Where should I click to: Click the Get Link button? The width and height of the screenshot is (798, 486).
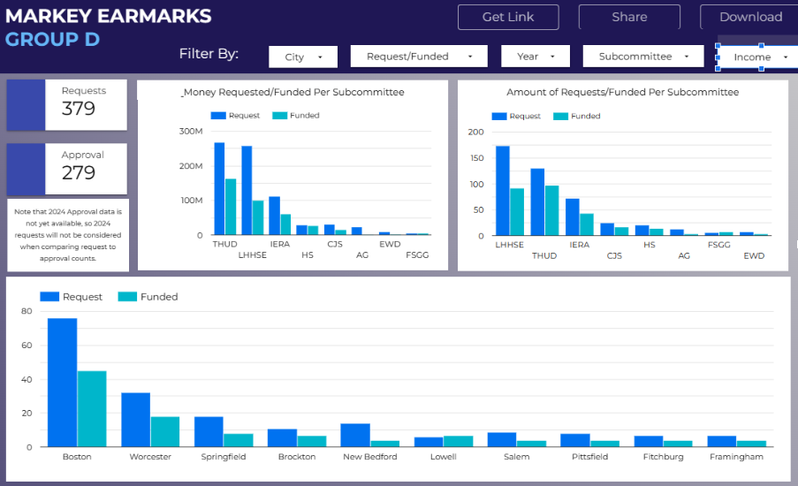click(x=508, y=17)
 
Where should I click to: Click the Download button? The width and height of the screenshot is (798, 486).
click(x=750, y=17)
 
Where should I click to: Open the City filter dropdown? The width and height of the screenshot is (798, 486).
click(x=302, y=57)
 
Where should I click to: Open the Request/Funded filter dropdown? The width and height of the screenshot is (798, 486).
click(x=419, y=57)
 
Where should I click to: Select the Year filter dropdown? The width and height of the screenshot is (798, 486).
click(x=536, y=57)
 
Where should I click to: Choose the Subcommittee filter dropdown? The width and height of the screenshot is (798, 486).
click(x=642, y=57)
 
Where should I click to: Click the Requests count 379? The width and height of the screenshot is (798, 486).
click(x=79, y=109)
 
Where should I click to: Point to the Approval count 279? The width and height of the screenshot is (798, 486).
click(x=79, y=172)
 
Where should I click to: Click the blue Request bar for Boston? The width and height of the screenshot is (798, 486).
click(x=62, y=383)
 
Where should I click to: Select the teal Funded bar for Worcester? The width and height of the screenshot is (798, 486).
click(x=165, y=431)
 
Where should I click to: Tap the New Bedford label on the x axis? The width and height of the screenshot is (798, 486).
click(x=369, y=457)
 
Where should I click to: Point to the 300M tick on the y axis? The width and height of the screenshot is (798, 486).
click(x=191, y=131)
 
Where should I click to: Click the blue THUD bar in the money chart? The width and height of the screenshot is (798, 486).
click(x=219, y=189)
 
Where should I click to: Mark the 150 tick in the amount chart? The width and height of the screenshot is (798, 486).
click(x=476, y=157)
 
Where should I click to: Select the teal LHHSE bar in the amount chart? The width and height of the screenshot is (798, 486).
click(x=517, y=212)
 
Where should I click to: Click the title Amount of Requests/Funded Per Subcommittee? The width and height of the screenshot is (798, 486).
click(x=622, y=92)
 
